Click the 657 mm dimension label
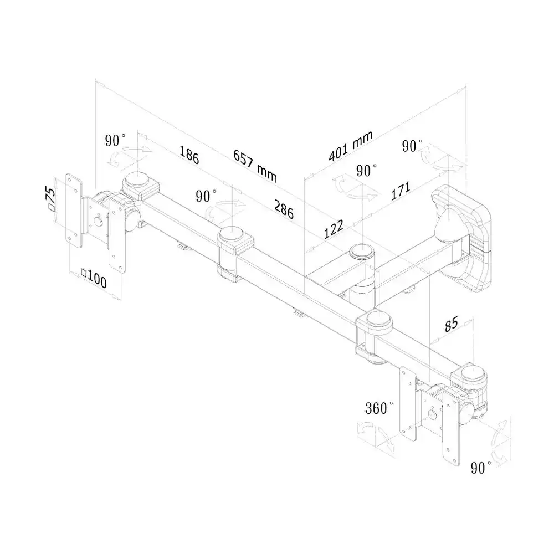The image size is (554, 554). [255, 166]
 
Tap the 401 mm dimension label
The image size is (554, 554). [351, 146]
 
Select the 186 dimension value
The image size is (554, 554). [189, 155]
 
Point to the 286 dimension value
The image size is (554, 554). [284, 209]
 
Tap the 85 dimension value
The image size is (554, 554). [451, 324]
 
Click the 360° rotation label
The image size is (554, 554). [379, 408]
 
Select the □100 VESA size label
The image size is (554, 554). [94, 279]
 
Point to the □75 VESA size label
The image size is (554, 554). [50, 199]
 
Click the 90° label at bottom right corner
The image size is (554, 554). [481, 468]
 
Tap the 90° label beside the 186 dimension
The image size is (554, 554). [115, 140]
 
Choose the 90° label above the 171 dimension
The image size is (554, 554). [366, 171]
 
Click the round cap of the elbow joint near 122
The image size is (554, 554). [361, 252]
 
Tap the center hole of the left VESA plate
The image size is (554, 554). [98, 222]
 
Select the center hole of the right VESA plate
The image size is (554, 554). [432, 414]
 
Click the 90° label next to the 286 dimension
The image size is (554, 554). [206, 196]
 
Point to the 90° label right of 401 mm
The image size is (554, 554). [412, 146]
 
